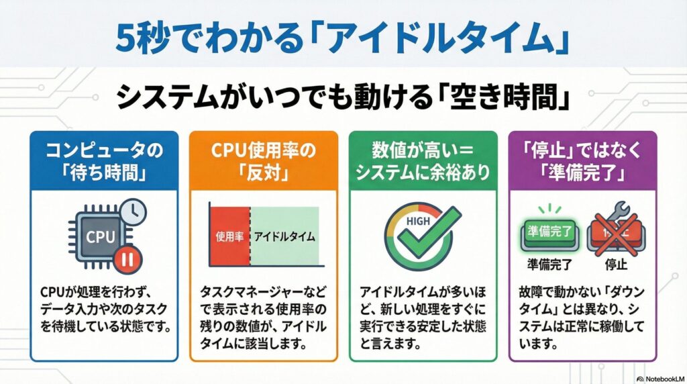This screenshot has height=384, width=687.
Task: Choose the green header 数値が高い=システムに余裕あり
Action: (423, 162)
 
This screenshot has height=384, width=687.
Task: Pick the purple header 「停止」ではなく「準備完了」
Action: (581, 162)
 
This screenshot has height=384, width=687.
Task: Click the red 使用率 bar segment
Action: (229, 236)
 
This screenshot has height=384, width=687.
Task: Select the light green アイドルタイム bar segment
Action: (284, 236)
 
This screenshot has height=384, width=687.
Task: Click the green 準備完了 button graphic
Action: (549, 233)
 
